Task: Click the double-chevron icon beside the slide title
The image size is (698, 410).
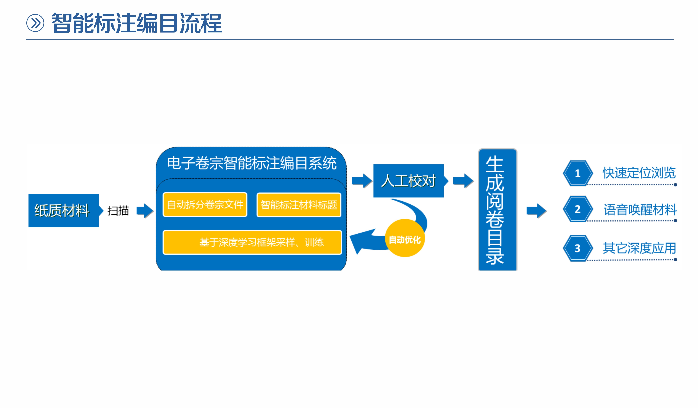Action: point(35,23)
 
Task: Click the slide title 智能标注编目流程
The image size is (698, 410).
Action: point(137,23)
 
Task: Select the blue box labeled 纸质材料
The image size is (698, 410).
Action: point(63,211)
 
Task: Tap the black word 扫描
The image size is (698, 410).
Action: point(118,211)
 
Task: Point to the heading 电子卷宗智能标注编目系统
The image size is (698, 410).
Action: point(252,163)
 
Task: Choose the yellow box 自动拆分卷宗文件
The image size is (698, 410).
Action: point(205,205)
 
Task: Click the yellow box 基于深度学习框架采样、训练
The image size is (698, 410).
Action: point(252,242)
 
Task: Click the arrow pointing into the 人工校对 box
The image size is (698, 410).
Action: point(362,181)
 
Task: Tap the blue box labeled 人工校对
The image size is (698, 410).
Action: point(408,181)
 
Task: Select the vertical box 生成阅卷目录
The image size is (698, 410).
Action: point(497,210)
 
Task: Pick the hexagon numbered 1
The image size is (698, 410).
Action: point(578,173)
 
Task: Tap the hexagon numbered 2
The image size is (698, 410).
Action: point(578,209)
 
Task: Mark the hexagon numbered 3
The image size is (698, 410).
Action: point(578,248)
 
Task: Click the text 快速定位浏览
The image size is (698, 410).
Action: point(639,173)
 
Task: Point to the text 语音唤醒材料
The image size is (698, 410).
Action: point(640,210)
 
